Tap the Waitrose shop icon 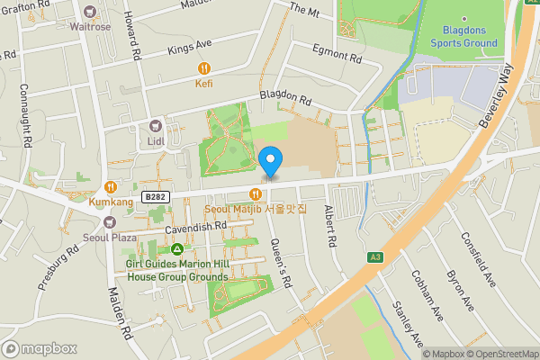[x=89, y=13]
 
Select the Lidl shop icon [x=155, y=127]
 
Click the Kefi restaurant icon [x=204, y=67]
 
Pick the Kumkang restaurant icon [x=111, y=187]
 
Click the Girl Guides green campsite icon [x=178, y=248]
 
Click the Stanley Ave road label [x=409, y=325]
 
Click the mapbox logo [x=40, y=348]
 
